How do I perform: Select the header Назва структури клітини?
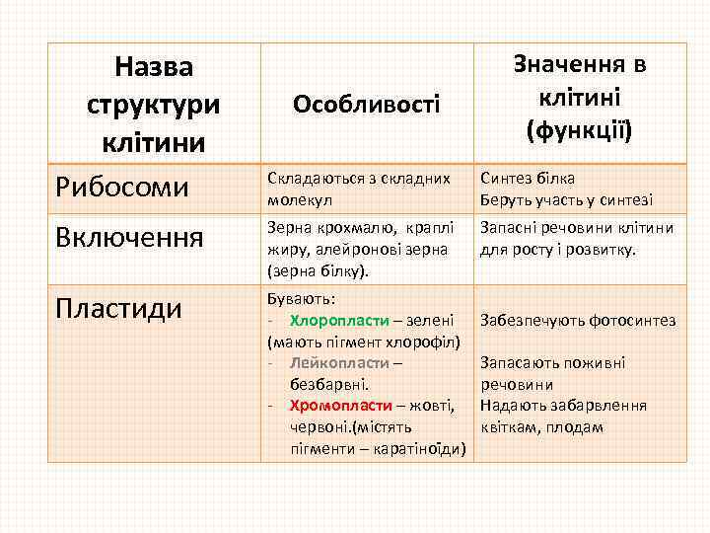pos(153,104)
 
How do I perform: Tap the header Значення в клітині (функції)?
pos(579,98)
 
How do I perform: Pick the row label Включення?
pos(129,237)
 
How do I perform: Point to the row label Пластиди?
pos(118,308)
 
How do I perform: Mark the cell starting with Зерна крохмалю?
pos(364,249)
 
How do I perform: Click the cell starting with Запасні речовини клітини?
pos(577,238)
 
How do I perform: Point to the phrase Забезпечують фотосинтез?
pos(577,320)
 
